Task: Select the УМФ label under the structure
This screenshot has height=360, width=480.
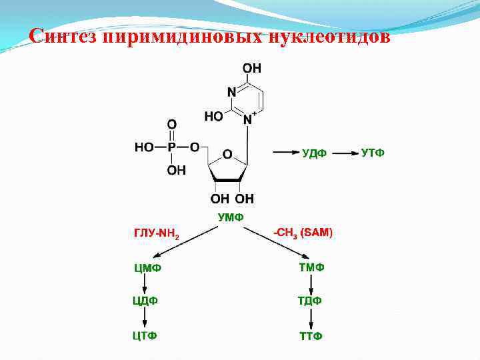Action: [231, 217]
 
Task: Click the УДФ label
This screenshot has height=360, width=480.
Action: [314, 154]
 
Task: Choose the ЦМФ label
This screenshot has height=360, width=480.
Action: [147, 268]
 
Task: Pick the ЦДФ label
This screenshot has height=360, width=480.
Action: [145, 301]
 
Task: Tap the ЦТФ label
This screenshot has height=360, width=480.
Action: [145, 335]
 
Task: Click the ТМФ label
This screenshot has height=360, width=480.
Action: [311, 267]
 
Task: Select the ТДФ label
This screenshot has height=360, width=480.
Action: [310, 301]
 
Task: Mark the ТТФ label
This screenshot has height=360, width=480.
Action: [310, 335]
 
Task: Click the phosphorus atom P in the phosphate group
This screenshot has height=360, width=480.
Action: [171, 147]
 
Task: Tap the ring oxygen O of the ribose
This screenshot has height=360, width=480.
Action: [227, 154]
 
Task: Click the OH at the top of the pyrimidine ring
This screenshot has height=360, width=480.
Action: [252, 68]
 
